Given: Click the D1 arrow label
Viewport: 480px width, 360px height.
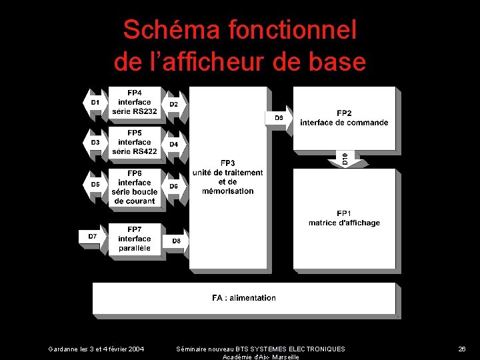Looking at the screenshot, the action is (x=95, y=102).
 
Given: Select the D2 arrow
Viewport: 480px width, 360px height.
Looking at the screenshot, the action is (x=174, y=104).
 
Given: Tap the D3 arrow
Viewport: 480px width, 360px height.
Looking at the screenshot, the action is (x=95, y=143).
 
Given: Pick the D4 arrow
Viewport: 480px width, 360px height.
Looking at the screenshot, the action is (x=174, y=144).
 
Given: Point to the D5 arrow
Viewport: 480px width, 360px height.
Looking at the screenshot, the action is (x=95, y=185).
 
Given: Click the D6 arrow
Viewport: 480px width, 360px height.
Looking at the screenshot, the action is (x=174, y=186).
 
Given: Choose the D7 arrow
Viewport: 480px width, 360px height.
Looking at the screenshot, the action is (x=93, y=237).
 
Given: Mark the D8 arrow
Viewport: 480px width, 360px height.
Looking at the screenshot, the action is (x=175, y=241).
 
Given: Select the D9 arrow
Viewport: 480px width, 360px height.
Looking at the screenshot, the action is (x=279, y=118).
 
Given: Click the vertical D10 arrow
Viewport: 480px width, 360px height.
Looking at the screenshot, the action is (x=345, y=159).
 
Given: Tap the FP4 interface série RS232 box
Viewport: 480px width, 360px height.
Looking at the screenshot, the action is (x=135, y=102).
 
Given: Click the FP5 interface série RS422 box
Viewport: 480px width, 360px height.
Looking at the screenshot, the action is (x=135, y=142).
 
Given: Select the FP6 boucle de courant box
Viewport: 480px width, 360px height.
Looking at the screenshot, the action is (x=135, y=187).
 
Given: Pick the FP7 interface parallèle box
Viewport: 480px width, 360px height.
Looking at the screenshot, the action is (x=135, y=239).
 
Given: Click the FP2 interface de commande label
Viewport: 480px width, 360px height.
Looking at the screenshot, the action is (x=344, y=118).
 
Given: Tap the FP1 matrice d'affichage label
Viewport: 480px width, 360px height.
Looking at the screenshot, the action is (x=344, y=218).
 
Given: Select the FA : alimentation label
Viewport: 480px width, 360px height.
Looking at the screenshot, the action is (x=244, y=298).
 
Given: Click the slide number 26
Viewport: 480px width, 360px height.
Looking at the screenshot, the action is (x=461, y=349).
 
